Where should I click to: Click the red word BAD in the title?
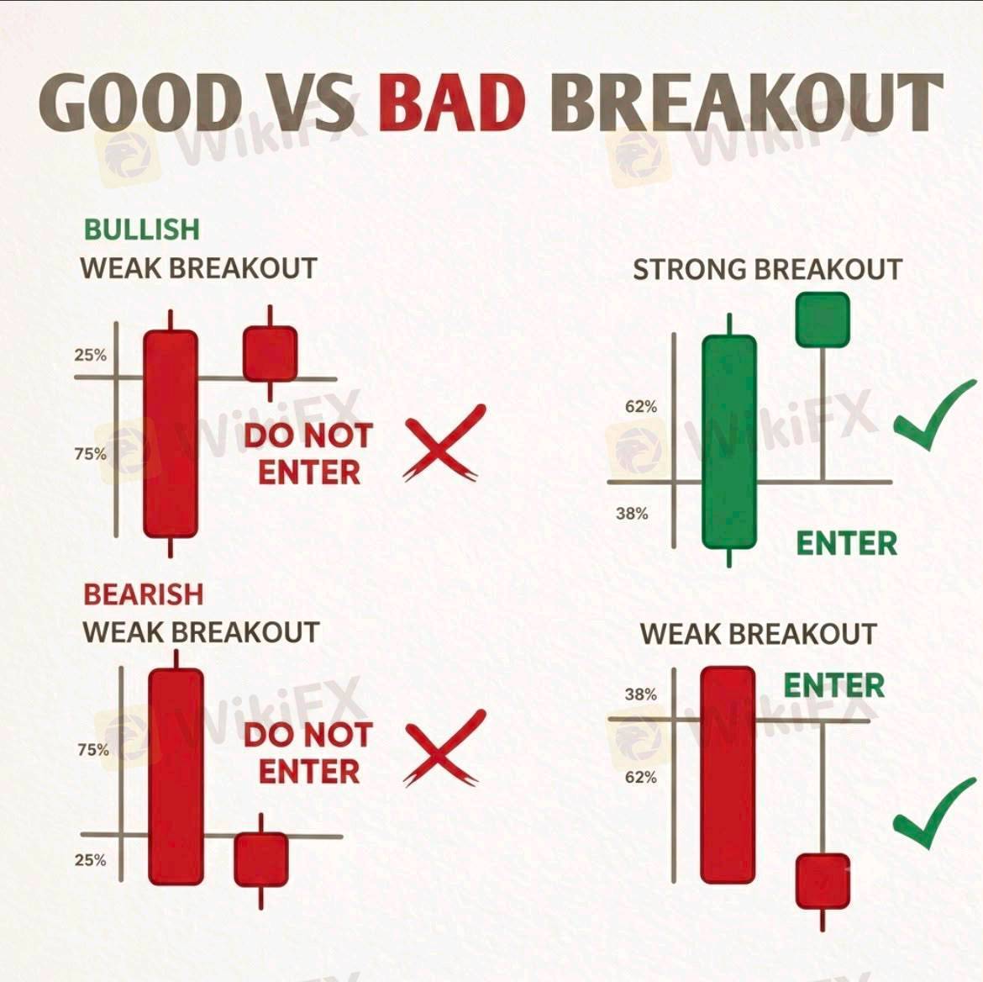click(451, 102)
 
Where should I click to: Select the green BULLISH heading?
click(142, 229)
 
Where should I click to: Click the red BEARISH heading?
click(144, 594)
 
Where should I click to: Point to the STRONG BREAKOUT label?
click(767, 270)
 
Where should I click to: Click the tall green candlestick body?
click(729, 441)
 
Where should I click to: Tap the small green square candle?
click(823, 319)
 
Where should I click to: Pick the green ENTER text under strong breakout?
click(846, 543)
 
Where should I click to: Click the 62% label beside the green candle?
click(641, 407)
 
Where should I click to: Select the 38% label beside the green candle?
click(632, 513)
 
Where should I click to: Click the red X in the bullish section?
click(444, 442)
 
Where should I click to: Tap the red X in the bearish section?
click(444, 747)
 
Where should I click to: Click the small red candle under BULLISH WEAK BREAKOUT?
click(271, 354)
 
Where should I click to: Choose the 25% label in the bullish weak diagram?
click(90, 355)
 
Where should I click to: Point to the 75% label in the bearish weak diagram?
click(93, 749)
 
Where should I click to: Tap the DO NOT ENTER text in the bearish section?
click(308, 753)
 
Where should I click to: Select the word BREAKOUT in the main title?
click(746, 102)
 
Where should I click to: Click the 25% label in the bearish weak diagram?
click(90, 859)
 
